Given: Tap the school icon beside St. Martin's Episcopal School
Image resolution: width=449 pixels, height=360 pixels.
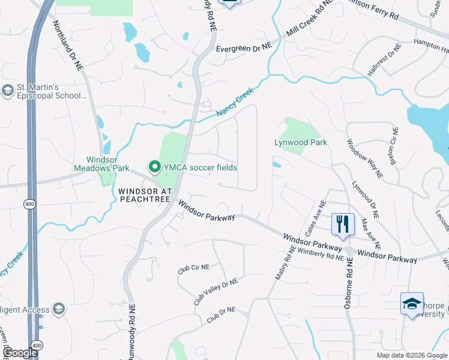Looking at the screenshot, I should point(8,91).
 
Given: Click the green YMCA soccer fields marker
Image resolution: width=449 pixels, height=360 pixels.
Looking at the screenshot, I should point(154,167).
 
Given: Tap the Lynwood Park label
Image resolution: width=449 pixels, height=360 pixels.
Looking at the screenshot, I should point(301,143).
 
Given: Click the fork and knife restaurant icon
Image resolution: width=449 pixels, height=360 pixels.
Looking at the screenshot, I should point(343,225).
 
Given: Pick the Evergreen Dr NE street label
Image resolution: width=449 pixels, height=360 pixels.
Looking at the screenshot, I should point(244,46).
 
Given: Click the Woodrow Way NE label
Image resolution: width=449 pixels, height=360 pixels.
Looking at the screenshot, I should point(365,158).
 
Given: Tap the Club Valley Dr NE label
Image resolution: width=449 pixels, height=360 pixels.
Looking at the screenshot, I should point(215,291).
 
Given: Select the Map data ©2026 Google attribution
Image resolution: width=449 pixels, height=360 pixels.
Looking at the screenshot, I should point(412,355).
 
